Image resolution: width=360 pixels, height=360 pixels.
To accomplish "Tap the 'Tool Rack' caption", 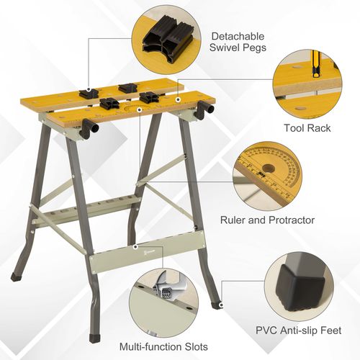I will [x=307, y=128].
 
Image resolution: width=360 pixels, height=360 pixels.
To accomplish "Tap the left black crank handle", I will [x=88, y=129].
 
